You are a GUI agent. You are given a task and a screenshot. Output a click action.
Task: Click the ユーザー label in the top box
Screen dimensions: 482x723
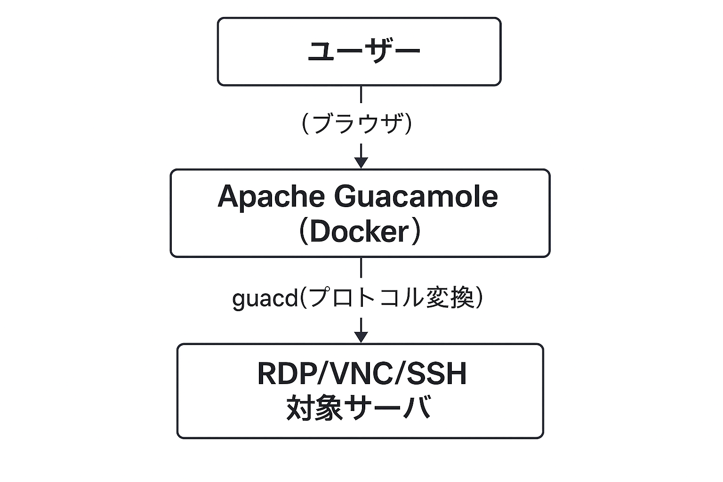pos(363,51)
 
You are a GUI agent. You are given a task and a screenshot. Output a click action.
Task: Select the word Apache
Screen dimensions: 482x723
pos(271,197)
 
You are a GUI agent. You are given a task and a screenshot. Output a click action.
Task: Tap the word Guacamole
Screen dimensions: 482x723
pos(416,197)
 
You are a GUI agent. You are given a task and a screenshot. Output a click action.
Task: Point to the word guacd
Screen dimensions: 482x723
pos(265,298)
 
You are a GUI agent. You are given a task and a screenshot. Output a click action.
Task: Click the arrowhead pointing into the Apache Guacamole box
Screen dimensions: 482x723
pos(361,162)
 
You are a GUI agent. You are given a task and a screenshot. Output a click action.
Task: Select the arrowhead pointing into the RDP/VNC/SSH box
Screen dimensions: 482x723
pos(361,337)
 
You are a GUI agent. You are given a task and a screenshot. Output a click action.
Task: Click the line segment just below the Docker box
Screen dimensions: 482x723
pos(361,267)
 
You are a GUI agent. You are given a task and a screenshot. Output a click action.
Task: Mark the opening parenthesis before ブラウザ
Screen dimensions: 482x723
pos(305,124)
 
